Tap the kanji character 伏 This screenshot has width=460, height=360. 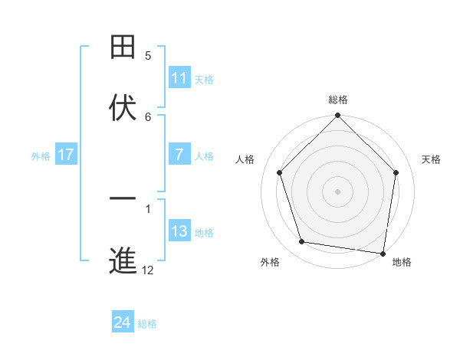[123, 108]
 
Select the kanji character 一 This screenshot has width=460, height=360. [123, 199]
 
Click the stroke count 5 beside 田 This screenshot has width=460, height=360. [149, 56]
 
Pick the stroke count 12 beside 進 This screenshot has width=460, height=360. [148, 270]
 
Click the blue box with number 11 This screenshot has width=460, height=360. [179, 78]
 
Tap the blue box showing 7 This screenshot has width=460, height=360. [179, 155]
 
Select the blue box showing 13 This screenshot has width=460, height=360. [179, 231]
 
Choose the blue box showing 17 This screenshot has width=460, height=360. [65, 155]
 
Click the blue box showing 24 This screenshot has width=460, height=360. [123, 322]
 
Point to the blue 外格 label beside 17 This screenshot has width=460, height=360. [41, 155]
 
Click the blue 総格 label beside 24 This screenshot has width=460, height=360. [147, 324]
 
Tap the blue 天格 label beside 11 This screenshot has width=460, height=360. [204, 79]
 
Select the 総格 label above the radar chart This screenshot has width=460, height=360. [338, 100]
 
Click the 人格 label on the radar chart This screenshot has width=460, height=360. [245, 159]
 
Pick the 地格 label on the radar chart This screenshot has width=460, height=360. [402, 262]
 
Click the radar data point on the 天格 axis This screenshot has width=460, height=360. [396, 172]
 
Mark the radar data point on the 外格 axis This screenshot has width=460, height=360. [302, 242]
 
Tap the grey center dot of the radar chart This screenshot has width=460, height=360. [338, 191]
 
